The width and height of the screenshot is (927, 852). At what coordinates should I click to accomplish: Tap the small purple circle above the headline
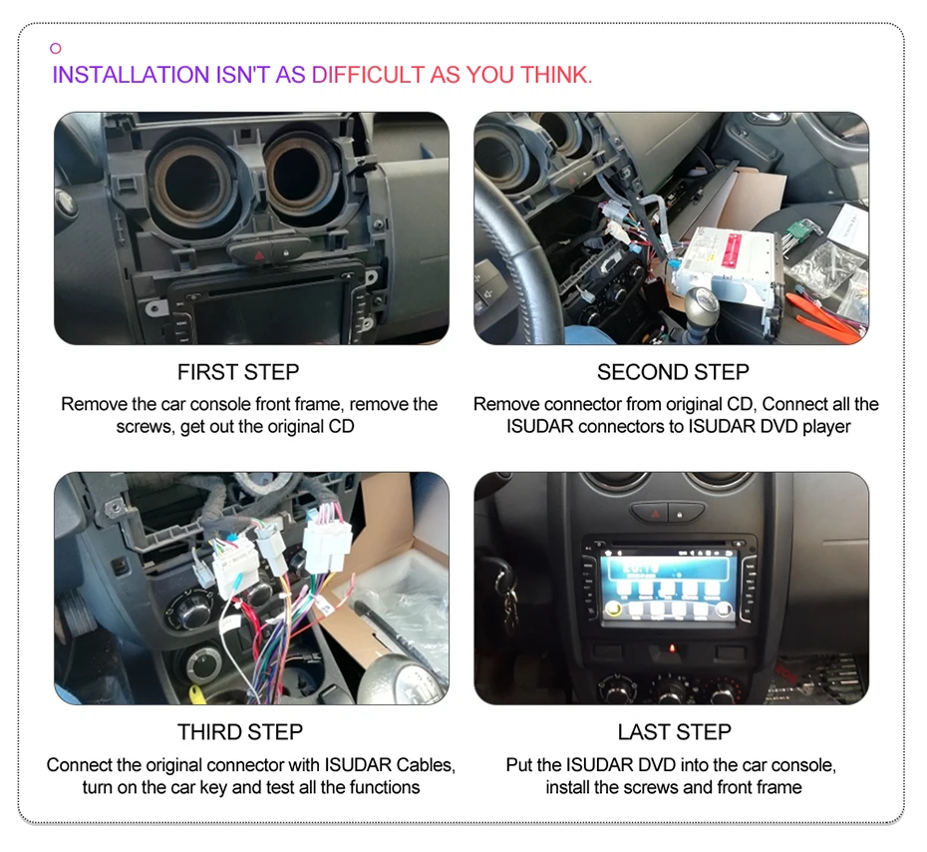coord(56,48)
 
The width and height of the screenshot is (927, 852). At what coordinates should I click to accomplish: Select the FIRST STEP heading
coord(238,372)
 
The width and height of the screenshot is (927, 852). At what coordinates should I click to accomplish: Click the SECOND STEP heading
coord(673,372)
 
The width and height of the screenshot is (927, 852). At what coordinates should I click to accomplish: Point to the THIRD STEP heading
coord(239,732)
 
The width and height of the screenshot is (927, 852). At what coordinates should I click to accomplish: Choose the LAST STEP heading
coord(674,732)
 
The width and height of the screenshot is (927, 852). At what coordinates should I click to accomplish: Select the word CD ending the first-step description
coord(341,426)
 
